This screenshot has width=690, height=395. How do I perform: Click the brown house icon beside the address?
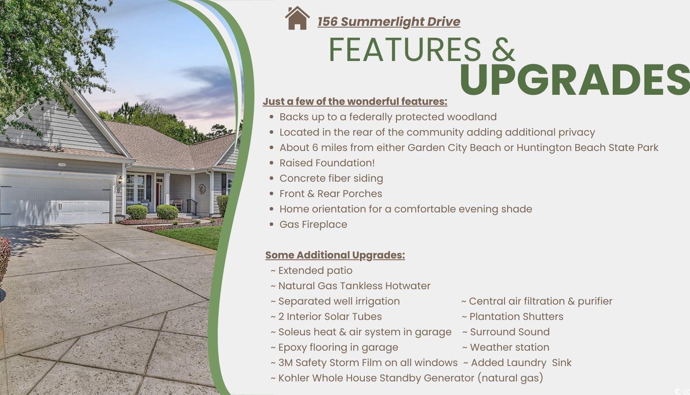[297, 18]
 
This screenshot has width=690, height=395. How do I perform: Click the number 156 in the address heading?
[327, 22]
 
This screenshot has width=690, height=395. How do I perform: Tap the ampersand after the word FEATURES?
[503, 50]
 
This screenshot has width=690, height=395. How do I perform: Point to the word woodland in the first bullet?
[472, 117]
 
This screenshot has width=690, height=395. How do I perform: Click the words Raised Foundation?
[327, 163]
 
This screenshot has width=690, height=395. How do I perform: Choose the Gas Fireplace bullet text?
[313, 225]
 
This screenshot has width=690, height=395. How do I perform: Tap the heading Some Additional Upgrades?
[335, 255]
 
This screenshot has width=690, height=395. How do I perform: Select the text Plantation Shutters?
[516, 316]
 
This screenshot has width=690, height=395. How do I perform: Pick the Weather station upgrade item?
[509, 347]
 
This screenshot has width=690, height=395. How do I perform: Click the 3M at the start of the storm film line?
[286, 363]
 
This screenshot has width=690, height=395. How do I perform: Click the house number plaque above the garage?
[62, 165]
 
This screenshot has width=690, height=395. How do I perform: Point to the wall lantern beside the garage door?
[120, 180]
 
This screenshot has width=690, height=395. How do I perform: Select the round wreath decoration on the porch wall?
[202, 189]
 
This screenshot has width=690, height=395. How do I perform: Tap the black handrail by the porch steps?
[192, 206]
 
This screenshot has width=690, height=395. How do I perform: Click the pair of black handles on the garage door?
[59, 206]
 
